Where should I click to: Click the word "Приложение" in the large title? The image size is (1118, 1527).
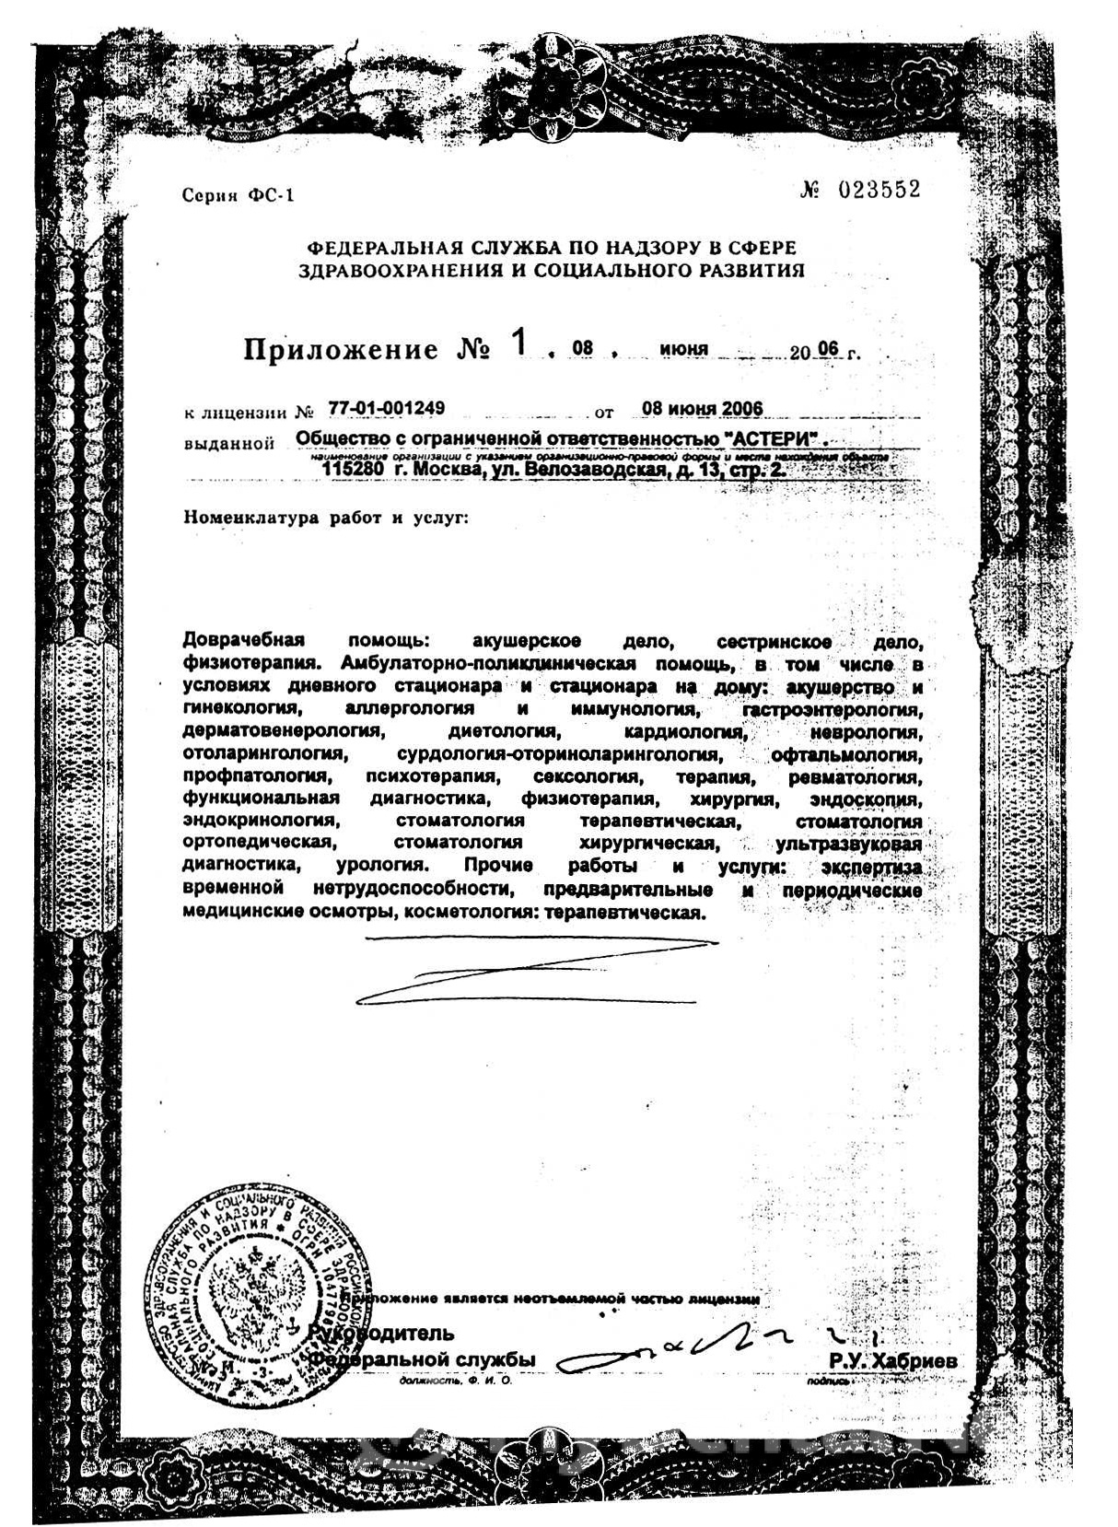point(341,350)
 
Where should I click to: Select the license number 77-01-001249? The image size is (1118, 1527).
point(387,408)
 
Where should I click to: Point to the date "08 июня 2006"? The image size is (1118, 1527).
point(702,409)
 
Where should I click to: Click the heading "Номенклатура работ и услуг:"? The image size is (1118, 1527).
point(326,518)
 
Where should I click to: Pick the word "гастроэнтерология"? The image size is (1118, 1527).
point(831,710)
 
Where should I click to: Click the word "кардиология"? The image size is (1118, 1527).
point(683,732)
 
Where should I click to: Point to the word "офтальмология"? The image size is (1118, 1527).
point(845,755)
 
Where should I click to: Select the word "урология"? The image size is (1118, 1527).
point(381,866)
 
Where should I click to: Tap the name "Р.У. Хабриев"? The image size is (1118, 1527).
point(892,1361)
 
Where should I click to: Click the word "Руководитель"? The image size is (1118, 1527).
point(381,1333)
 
